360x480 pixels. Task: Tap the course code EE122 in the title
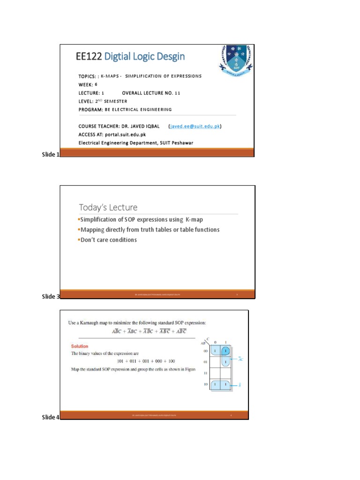coord(89,57)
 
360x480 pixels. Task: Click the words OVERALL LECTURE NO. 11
coord(151,93)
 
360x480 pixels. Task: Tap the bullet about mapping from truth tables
coord(150,230)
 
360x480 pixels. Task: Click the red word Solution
coord(80,346)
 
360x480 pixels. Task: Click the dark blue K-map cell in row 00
coord(225,351)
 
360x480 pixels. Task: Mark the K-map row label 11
coord(205,374)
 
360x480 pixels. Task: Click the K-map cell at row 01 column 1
coord(225,362)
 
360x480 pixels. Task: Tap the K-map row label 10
coord(205,384)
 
